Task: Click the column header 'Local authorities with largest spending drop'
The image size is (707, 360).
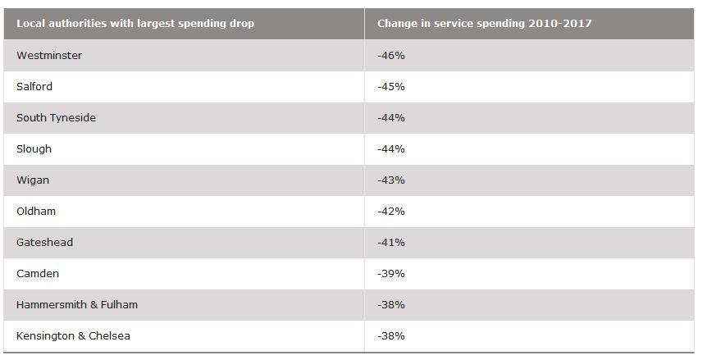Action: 135,24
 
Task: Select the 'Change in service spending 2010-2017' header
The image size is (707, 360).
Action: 484,24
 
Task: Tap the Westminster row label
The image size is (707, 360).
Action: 49,56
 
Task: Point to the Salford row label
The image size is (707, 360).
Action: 34,87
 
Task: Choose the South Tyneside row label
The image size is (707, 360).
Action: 56,118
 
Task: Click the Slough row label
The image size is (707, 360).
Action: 34,149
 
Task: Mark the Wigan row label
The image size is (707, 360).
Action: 33,180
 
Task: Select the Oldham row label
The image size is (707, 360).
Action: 36,212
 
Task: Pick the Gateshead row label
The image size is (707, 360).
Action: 44,243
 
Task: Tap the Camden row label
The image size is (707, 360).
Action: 38,274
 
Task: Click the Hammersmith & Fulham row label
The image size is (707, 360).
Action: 77,305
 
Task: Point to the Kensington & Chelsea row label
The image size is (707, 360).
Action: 73,336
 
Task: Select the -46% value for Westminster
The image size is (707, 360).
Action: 391,56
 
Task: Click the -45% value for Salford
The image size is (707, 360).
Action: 391,87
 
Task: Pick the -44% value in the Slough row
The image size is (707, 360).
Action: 391,149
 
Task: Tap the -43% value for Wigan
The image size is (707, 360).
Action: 391,180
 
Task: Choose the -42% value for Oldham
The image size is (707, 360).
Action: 391,212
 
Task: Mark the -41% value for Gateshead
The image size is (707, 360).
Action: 391,243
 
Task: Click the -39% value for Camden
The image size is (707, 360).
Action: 391,274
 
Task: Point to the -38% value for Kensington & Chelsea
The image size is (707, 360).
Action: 391,336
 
